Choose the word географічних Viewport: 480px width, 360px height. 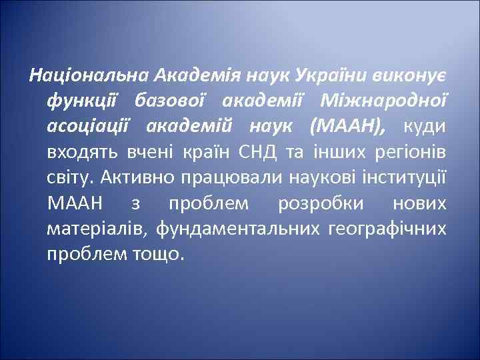(387, 229)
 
